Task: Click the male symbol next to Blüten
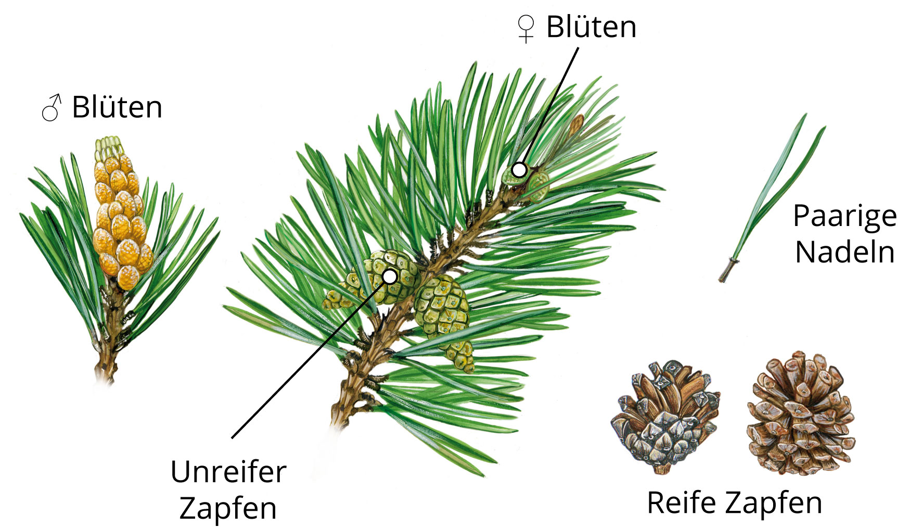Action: point(52,108)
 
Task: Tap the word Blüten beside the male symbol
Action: point(117,107)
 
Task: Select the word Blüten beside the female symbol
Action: point(592,27)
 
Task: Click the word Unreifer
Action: point(228,472)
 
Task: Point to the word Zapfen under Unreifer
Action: point(228,508)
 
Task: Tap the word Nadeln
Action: point(845,252)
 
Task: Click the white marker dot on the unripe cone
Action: point(390,276)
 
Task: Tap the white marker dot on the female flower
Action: point(519,169)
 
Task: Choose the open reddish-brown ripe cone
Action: point(800,413)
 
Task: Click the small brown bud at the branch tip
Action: point(576,124)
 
